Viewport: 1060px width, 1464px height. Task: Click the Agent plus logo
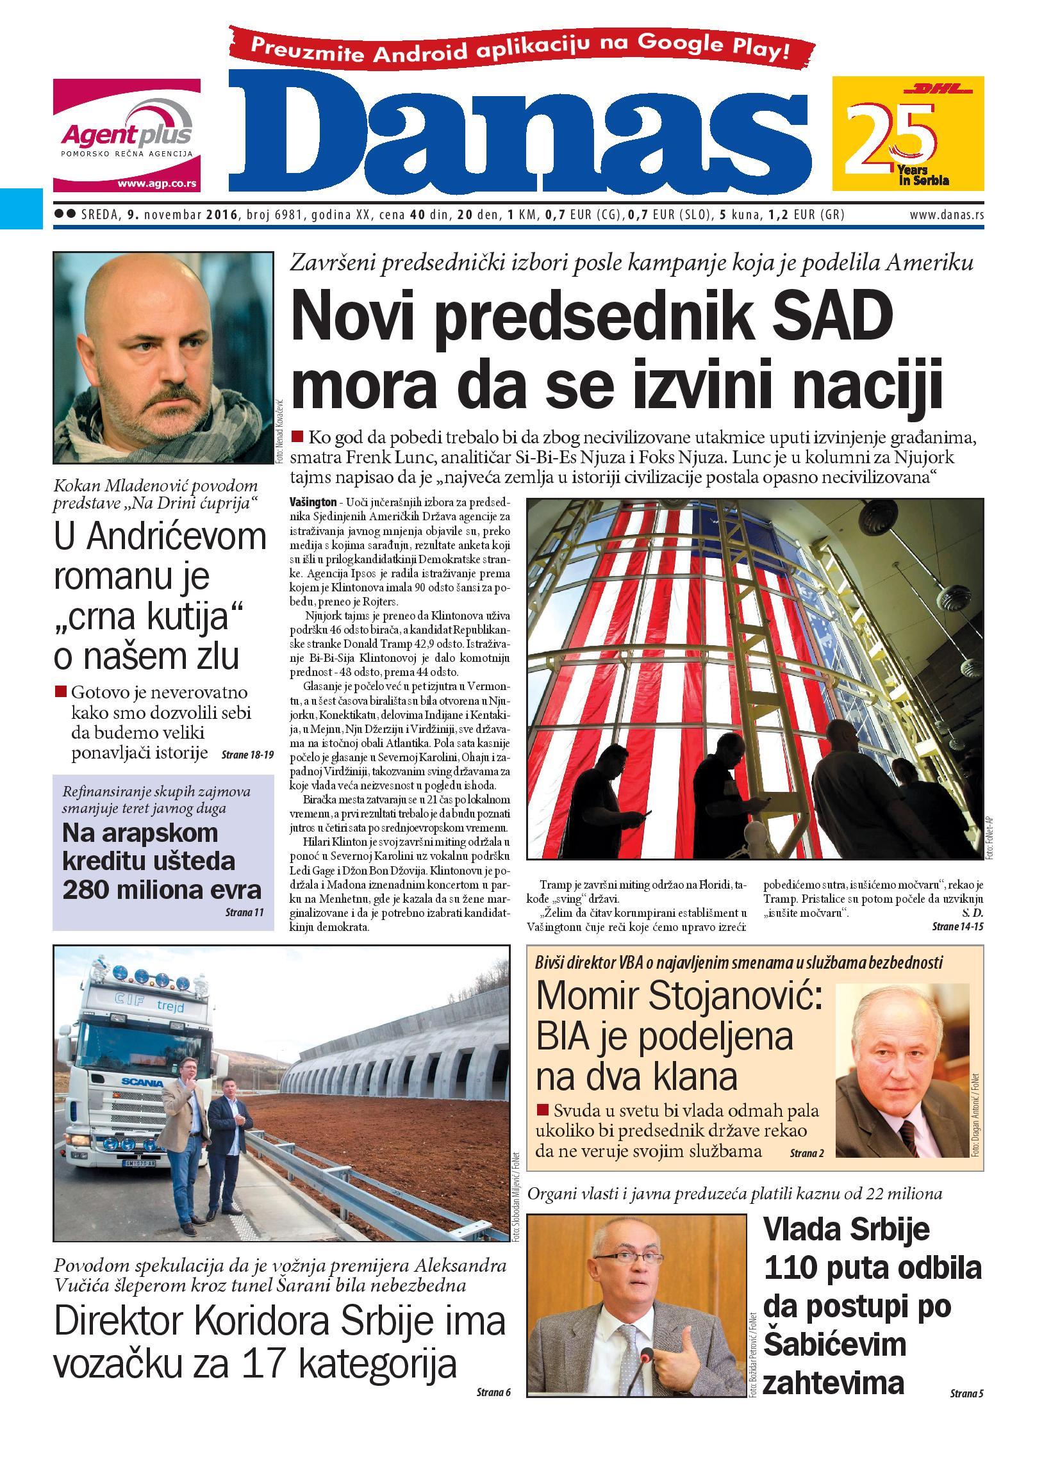pyautogui.click(x=126, y=135)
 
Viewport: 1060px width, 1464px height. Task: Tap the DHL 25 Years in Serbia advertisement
pyautogui.click(x=907, y=134)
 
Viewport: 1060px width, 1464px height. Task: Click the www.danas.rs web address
pyautogui.click(x=947, y=215)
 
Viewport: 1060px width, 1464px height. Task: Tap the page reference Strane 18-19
pyautogui.click(x=247, y=755)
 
